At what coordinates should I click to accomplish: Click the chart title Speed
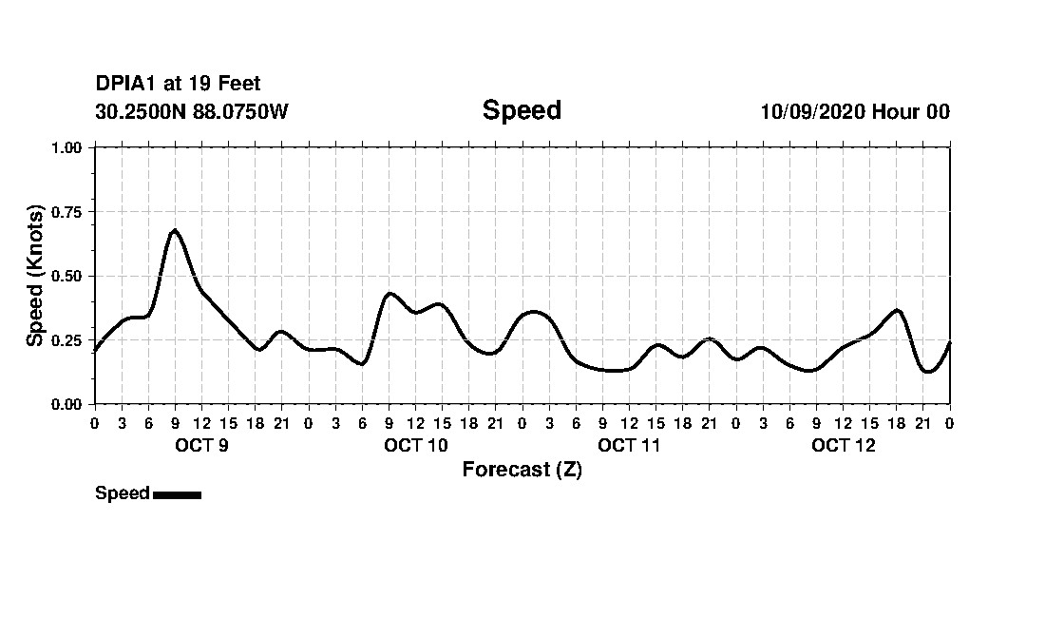[x=522, y=110]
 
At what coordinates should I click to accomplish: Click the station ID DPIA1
[x=125, y=85]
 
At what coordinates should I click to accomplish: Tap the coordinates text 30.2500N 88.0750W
[x=191, y=111]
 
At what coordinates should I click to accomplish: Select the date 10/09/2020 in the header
[x=811, y=111]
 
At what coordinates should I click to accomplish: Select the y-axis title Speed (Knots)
[x=35, y=276]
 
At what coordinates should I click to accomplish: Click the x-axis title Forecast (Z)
[x=522, y=470]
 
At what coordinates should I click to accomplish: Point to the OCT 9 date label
[x=201, y=446]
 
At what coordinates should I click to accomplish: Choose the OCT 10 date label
[x=416, y=446]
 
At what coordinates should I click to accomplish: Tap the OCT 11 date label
[x=630, y=446]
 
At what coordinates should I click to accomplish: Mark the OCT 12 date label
[x=844, y=446]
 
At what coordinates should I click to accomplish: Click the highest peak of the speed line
[x=175, y=230]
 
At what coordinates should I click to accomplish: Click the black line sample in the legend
[x=177, y=494]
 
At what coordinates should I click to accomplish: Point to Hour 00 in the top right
[x=911, y=111]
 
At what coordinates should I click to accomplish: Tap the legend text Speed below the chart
[x=122, y=493]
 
